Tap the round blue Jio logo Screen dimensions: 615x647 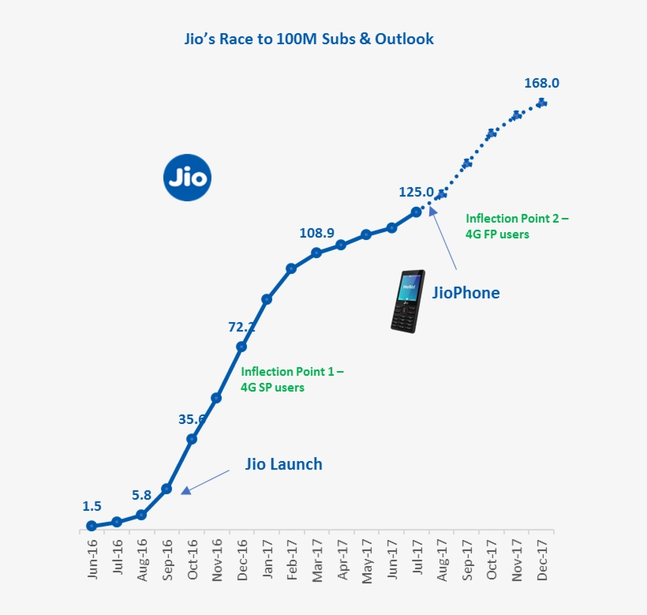pyautogui.click(x=188, y=178)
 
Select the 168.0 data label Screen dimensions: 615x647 pyautogui.click(x=541, y=83)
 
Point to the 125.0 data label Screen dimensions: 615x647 pyautogui.click(x=417, y=192)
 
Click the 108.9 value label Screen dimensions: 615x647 pyautogui.click(x=317, y=233)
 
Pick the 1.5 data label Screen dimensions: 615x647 pyautogui.click(x=92, y=506)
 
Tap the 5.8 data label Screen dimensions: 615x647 pyautogui.click(x=141, y=495)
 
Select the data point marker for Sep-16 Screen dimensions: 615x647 pyautogui.click(x=166, y=489)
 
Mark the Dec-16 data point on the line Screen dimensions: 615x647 pyautogui.click(x=241, y=347)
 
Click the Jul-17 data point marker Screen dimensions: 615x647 pyautogui.click(x=417, y=212)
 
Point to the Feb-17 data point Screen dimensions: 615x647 pyautogui.click(x=291, y=268)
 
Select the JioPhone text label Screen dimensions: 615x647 pyautogui.click(x=466, y=293)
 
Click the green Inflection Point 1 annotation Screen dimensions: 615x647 pyautogui.click(x=292, y=379)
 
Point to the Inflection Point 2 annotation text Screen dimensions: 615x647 pyautogui.click(x=516, y=226)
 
